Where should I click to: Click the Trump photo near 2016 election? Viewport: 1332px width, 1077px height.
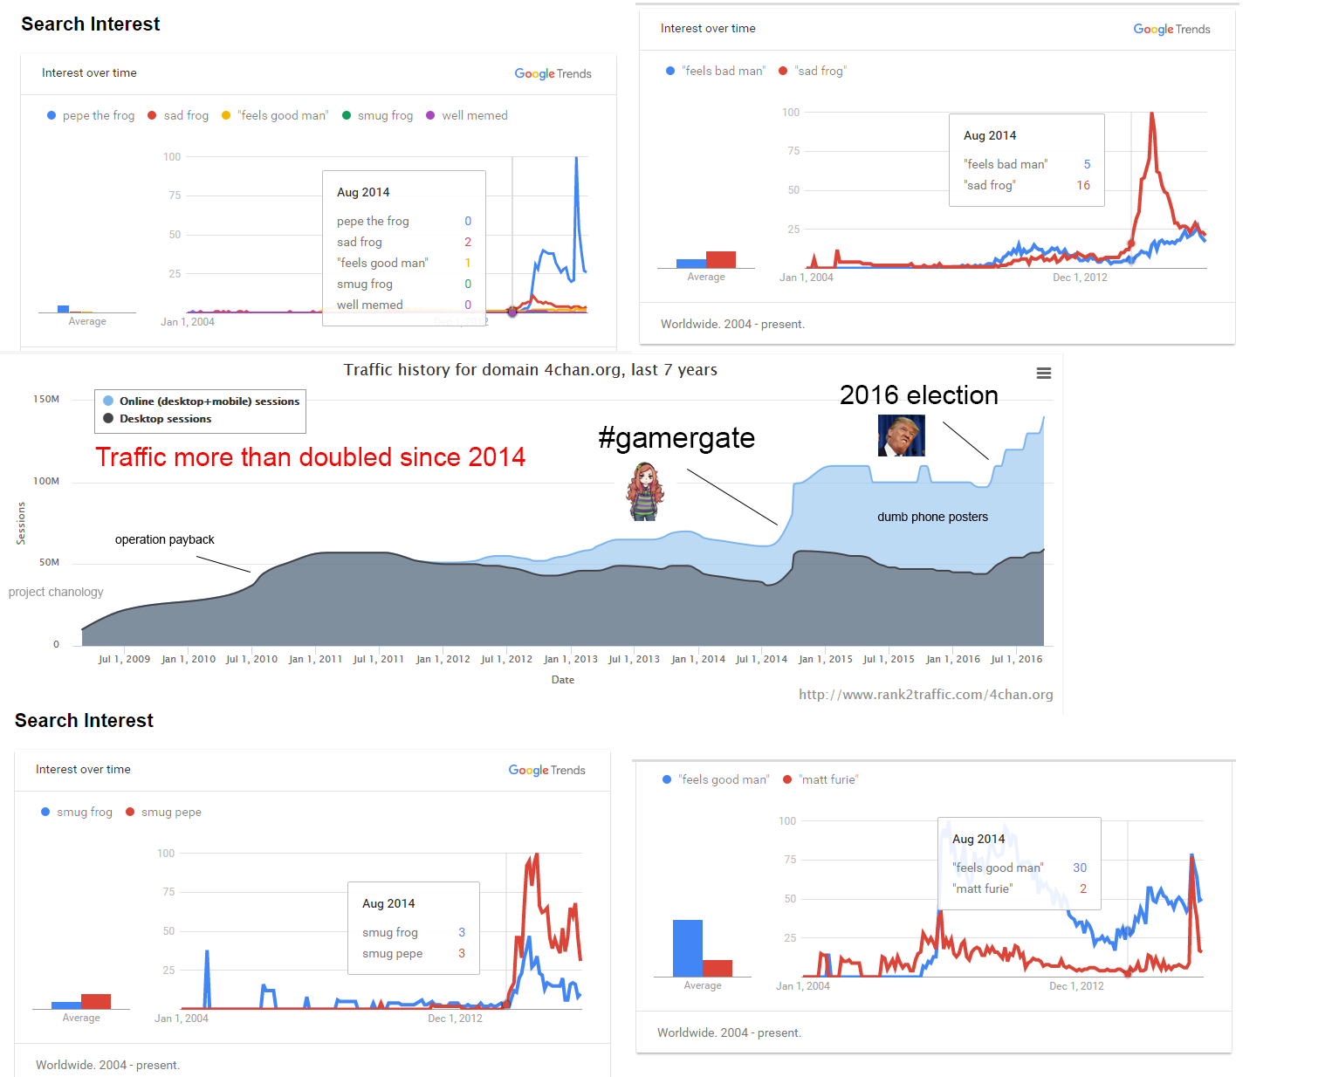pos(901,436)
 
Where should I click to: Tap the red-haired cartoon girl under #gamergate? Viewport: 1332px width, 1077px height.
pos(645,492)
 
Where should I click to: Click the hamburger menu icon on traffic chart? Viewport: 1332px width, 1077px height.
pos(1043,374)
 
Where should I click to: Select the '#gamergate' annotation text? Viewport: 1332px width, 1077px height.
pos(676,438)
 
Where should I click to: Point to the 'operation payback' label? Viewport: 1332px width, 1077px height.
pos(164,539)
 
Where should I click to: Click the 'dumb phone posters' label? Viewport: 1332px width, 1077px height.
pos(932,517)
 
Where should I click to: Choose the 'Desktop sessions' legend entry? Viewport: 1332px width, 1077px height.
pos(165,419)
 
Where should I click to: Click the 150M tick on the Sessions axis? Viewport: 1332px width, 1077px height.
pos(46,399)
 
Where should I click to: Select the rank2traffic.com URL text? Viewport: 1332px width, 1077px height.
pos(925,695)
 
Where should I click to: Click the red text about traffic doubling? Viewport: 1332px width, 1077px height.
pos(310,456)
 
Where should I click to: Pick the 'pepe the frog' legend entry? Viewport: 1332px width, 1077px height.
pos(98,115)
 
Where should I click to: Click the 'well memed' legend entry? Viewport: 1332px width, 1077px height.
pos(474,115)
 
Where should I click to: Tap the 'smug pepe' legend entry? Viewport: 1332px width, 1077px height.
pos(171,812)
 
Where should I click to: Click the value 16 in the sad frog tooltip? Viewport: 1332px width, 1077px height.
pos(1083,185)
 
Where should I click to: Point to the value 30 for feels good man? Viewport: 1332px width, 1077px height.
pos(1080,868)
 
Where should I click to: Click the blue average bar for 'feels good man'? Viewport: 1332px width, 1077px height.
pos(687,948)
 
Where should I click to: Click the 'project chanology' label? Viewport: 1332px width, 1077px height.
pos(56,592)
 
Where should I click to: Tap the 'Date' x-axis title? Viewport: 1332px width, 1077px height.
pos(563,680)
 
